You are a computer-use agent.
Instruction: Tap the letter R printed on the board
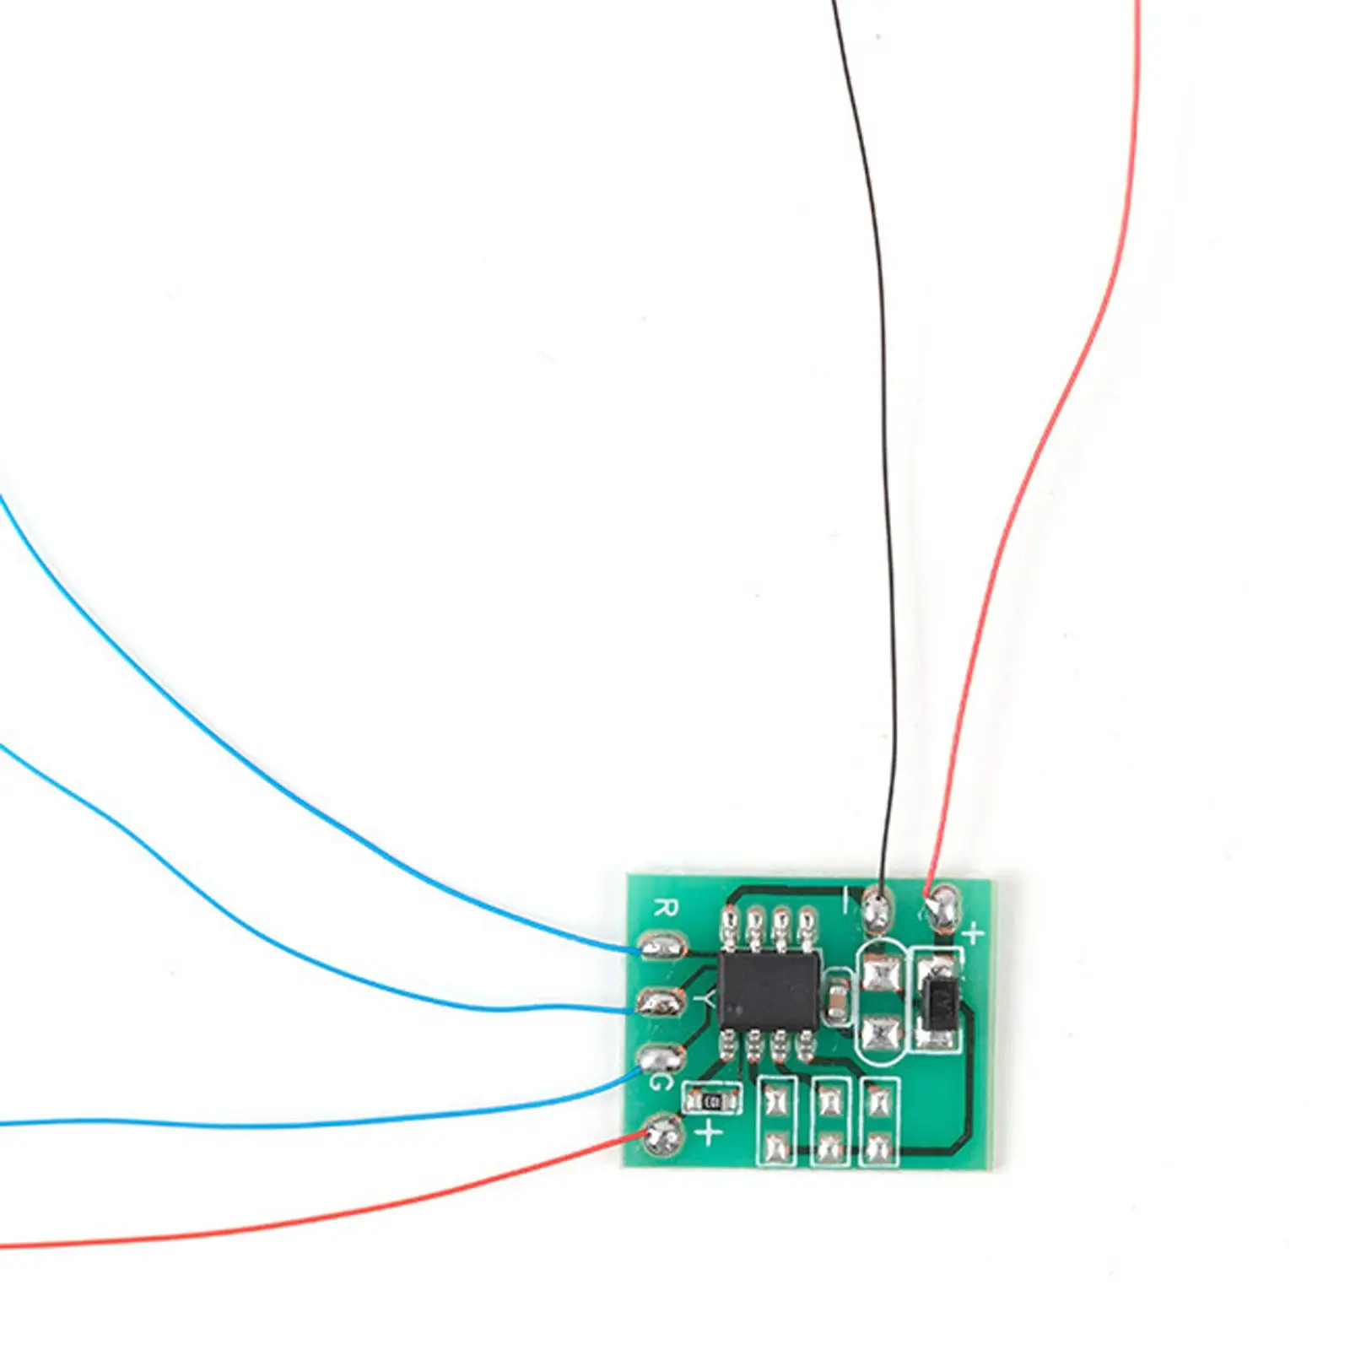coord(667,909)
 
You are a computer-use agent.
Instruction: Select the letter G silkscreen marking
coord(661,1081)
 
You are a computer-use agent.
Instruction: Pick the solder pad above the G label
coord(659,1057)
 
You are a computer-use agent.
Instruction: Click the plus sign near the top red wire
coord(974,934)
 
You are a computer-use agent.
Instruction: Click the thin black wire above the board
coord(877,422)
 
